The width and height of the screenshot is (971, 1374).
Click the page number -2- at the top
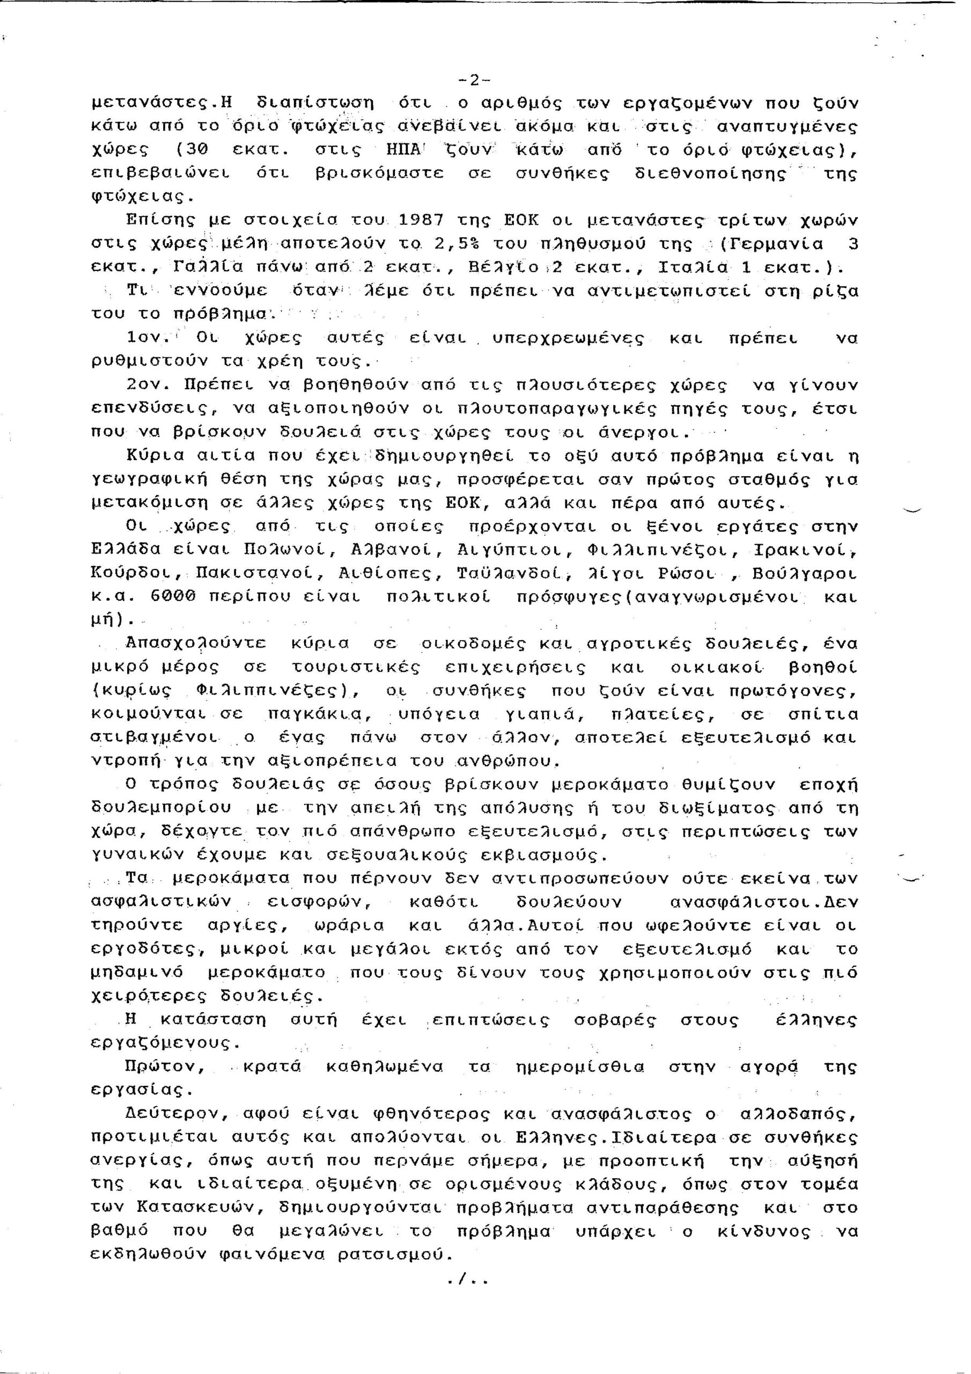click(x=474, y=79)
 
